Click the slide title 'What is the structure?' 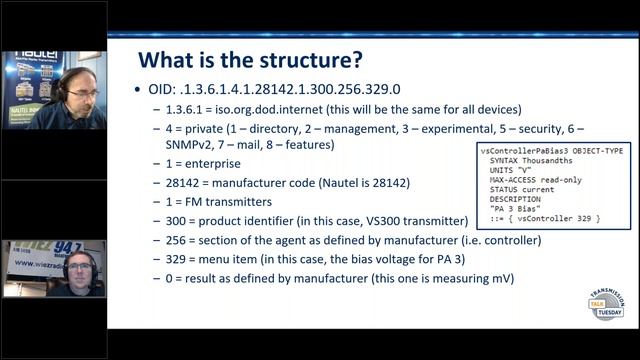pyautogui.click(x=250, y=58)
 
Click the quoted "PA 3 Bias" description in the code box pyautogui.click(x=516, y=207)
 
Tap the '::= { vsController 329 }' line pyautogui.click(x=540, y=217)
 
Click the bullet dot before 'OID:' pyautogui.click(x=140, y=90)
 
